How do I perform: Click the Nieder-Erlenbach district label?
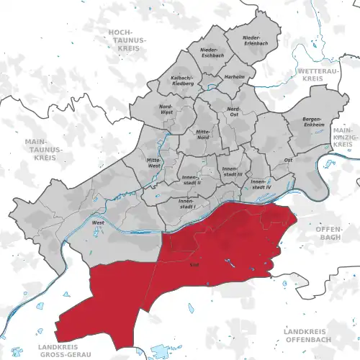[x=251, y=40]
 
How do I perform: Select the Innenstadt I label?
[x=186, y=203]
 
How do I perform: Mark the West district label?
[x=96, y=223]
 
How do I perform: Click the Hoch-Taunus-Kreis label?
[x=126, y=41]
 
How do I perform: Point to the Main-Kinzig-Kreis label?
[x=343, y=137]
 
